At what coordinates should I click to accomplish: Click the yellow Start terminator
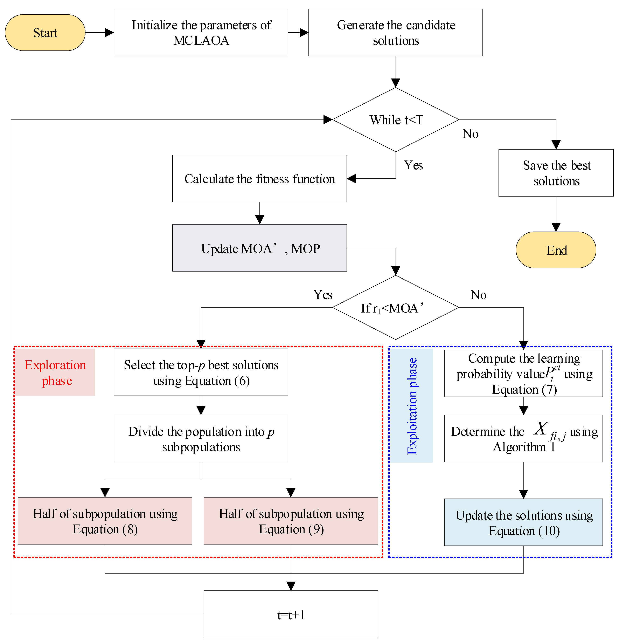[x=45, y=33]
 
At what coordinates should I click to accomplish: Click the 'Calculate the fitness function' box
[x=259, y=179]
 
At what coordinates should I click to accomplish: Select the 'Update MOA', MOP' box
[x=259, y=248]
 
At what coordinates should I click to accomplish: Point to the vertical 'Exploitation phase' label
[x=412, y=406]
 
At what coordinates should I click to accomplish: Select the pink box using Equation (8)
[x=105, y=521]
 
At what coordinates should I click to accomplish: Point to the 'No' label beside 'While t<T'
[x=470, y=134]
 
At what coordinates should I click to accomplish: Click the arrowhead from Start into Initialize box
[x=109, y=33]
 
